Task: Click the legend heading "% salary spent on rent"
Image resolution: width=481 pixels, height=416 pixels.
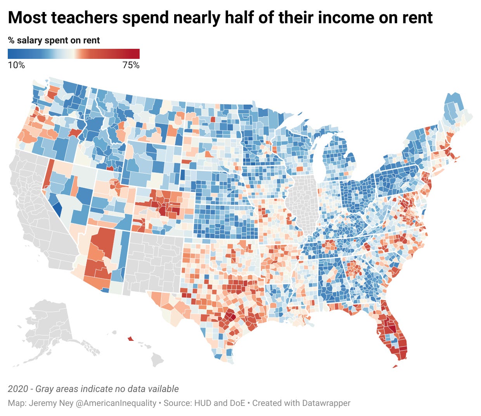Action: (54, 40)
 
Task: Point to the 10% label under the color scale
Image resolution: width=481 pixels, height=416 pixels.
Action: (16, 65)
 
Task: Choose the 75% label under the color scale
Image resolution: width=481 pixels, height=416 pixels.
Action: (131, 65)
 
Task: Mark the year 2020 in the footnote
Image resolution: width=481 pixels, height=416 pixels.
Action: (18, 389)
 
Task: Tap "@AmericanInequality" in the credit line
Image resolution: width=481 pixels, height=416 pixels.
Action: (116, 403)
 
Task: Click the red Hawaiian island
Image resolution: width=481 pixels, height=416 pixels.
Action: (131, 339)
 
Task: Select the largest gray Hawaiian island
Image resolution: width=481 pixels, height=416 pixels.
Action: (157, 360)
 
